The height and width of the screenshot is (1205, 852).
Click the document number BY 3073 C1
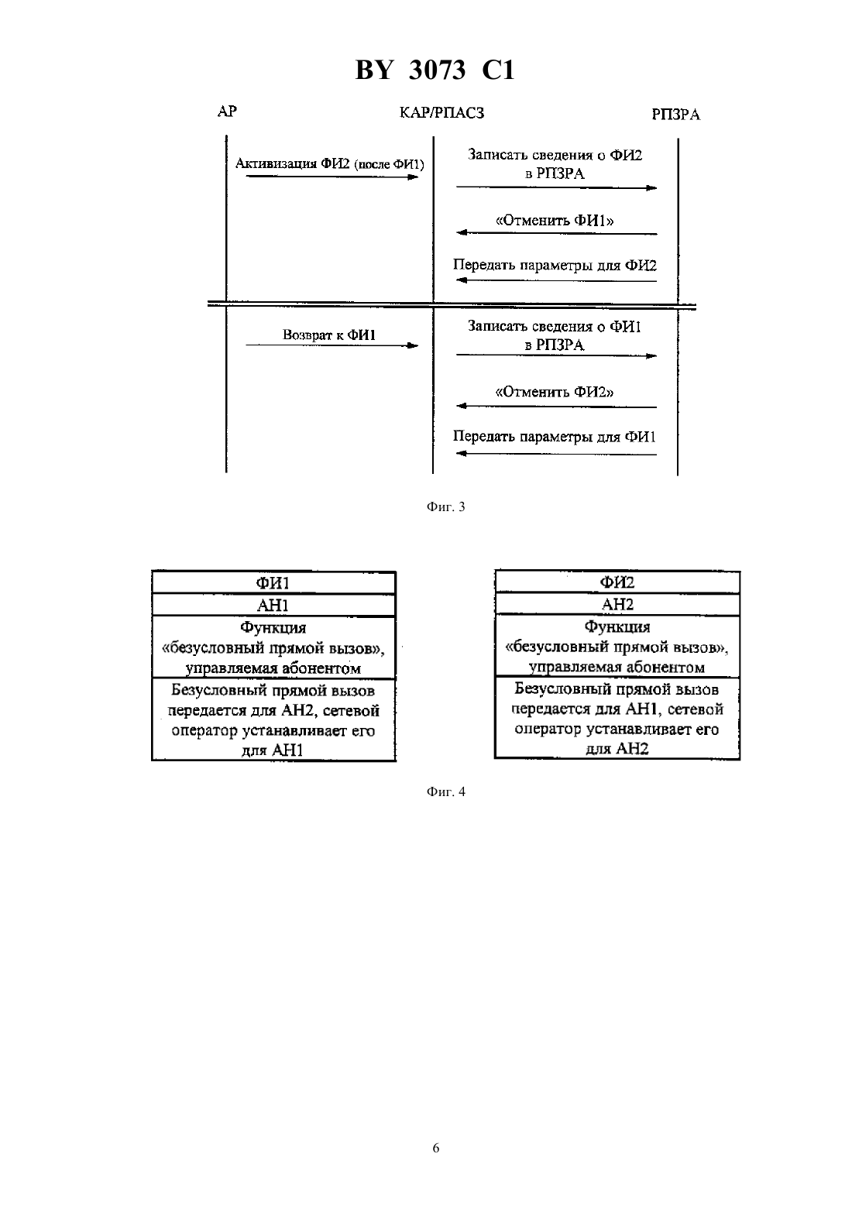[435, 70]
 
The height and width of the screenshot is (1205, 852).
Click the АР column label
[227, 112]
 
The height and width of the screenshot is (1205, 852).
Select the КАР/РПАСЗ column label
[441, 113]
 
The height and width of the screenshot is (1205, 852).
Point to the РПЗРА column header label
[675, 115]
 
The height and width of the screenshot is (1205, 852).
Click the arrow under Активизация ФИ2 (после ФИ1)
[332, 177]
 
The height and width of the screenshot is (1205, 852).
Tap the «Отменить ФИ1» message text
[555, 220]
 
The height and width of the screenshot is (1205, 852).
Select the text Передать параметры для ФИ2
[555, 265]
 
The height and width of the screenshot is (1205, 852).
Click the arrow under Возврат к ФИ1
[332, 345]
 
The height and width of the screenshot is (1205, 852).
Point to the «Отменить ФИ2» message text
[555, 392]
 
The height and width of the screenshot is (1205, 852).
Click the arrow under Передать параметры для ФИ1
[556, 454]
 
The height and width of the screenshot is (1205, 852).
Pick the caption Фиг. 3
[445, 506]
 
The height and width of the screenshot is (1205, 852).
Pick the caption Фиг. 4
[445, 791]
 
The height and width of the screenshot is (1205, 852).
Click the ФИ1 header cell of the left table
[273, 583]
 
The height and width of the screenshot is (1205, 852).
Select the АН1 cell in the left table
[273, 605]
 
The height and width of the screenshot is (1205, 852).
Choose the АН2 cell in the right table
[617, 604]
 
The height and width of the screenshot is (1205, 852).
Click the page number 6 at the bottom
[435, 1148]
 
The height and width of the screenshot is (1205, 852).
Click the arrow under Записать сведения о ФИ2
[556, 187]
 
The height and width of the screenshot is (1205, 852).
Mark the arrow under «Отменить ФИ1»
[556, 233]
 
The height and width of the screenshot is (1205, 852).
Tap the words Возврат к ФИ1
[329, 335]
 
